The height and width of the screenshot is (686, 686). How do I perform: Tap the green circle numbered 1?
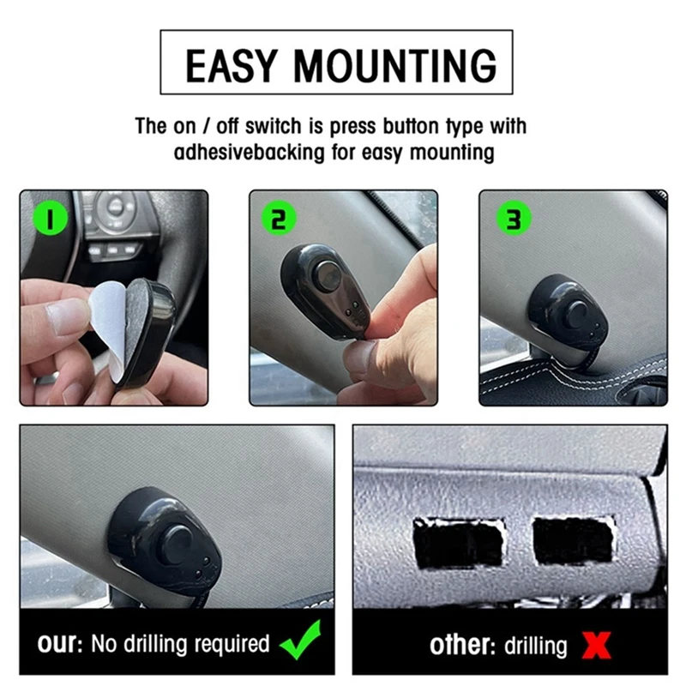[51, 219]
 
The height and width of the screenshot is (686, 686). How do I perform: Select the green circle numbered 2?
[279, 219]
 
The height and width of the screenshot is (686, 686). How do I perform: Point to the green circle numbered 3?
[514, 219]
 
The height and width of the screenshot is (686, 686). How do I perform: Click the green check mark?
[301, 640]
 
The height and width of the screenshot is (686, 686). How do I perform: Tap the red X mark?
[596, 645]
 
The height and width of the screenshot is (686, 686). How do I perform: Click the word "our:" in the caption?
[60, 643]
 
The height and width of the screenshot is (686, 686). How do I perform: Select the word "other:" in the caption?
[462, 646]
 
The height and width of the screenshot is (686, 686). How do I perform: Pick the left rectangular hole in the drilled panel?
[459, 544]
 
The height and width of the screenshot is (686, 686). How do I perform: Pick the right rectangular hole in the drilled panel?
[573, 541]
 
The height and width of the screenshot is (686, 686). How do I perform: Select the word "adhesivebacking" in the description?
[250, 153]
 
